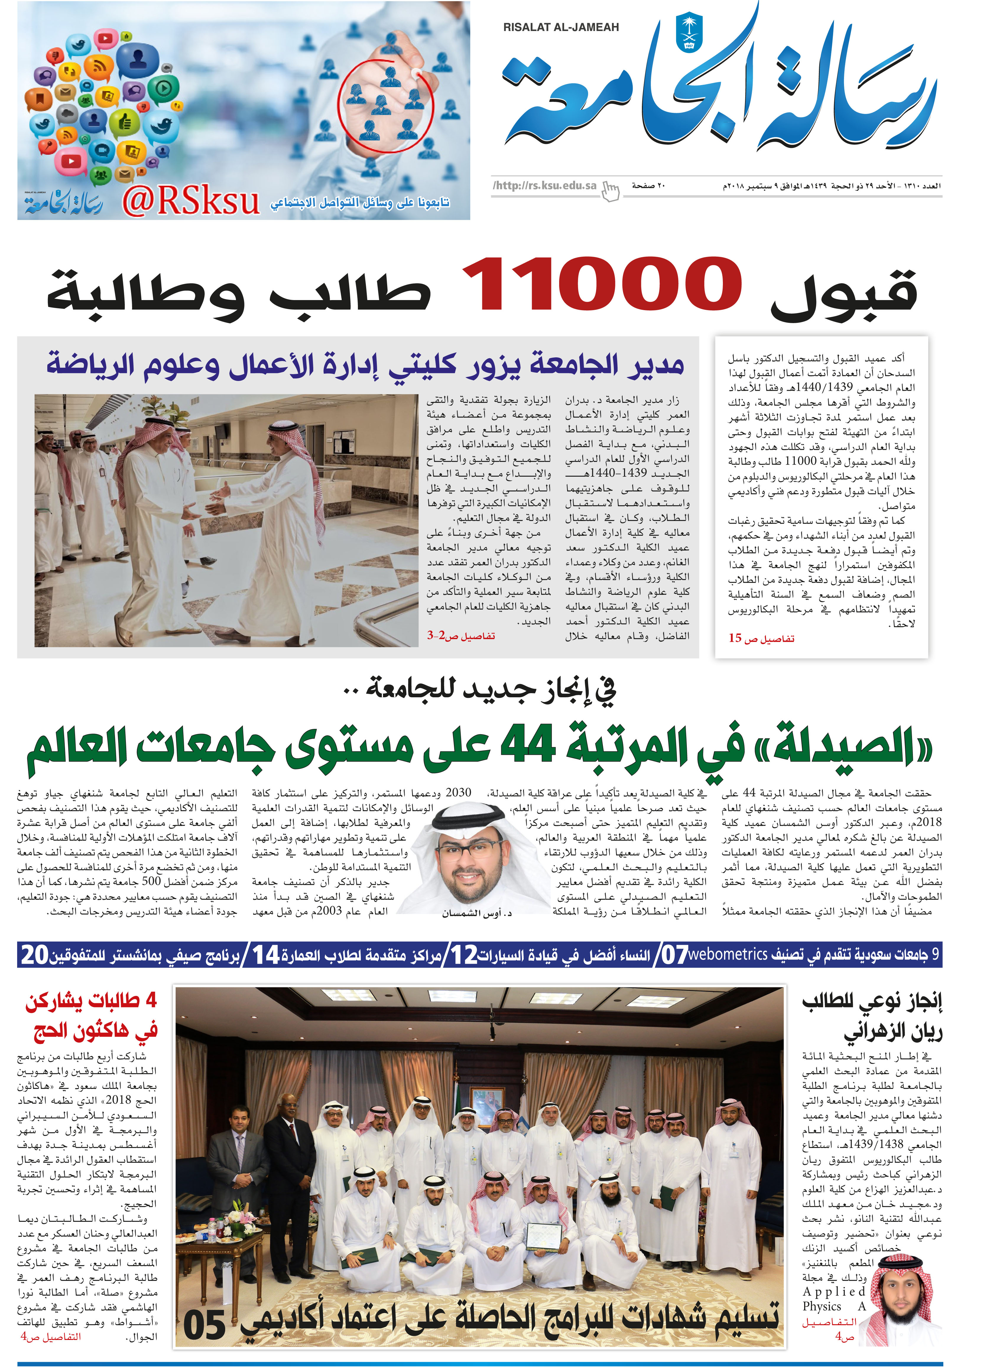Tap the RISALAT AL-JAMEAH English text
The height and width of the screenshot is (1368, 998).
pyautogui.click(x=561, y=27)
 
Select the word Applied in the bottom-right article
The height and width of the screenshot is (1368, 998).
pyautogui.click(x=834, y=1291)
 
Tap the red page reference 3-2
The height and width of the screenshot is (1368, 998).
pyautogui.click(x=436, y=635)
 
